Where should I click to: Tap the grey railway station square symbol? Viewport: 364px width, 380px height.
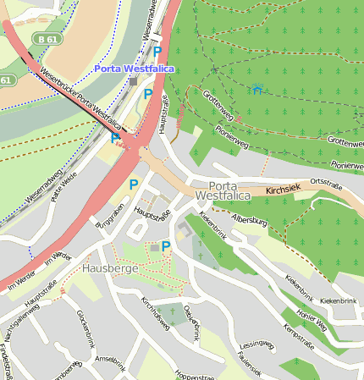pos(133,81)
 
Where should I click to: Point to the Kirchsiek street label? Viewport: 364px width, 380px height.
pos(282,191)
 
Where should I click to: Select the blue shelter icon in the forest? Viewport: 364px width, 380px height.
pos(256,88)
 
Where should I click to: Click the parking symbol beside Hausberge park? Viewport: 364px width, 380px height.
pos(166,246)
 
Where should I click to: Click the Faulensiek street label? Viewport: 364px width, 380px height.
pos(250,365)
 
